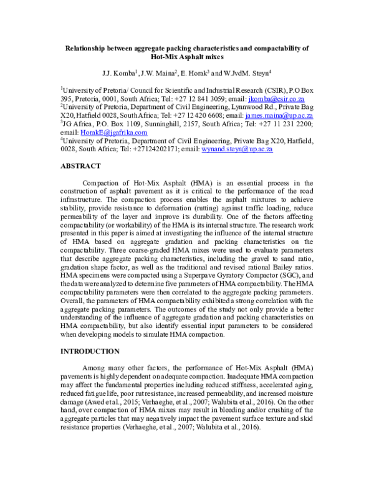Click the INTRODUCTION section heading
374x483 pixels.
click(x=89, y=352)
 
